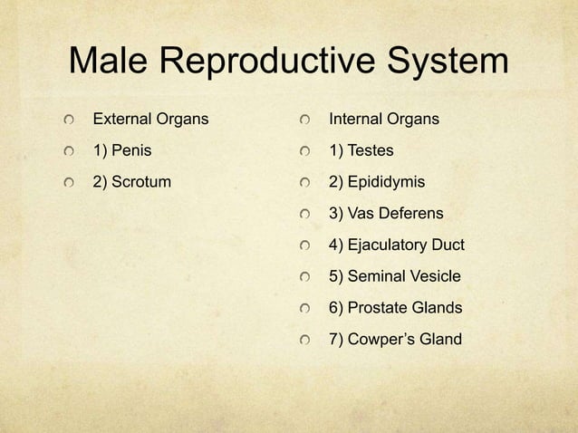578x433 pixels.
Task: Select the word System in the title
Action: (x=449, y=64)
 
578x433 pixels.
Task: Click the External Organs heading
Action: (x=150, y=119)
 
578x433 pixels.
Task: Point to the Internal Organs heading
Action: (x=384, y=119)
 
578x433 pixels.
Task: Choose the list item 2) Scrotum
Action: (x=132, y=182)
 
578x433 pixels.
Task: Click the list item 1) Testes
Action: (x=361, y=150)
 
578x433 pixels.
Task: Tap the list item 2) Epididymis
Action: (x=376, y=182)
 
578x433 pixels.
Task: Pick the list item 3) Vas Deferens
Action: (x=386, y=214)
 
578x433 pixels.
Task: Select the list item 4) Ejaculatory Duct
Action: (x=396, y=245)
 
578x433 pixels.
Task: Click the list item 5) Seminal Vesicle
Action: (x=394, y=276)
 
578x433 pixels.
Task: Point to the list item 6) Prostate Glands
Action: (x=395, y=308)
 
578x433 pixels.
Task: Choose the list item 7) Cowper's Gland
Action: (x=395, y=340)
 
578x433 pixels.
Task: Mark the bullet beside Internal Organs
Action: (x=307, y=120)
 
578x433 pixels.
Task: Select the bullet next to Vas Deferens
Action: (x=307, y=215)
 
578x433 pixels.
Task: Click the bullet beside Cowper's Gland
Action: (x=307, y=341)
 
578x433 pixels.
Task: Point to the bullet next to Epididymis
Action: (x=307, y=183)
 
